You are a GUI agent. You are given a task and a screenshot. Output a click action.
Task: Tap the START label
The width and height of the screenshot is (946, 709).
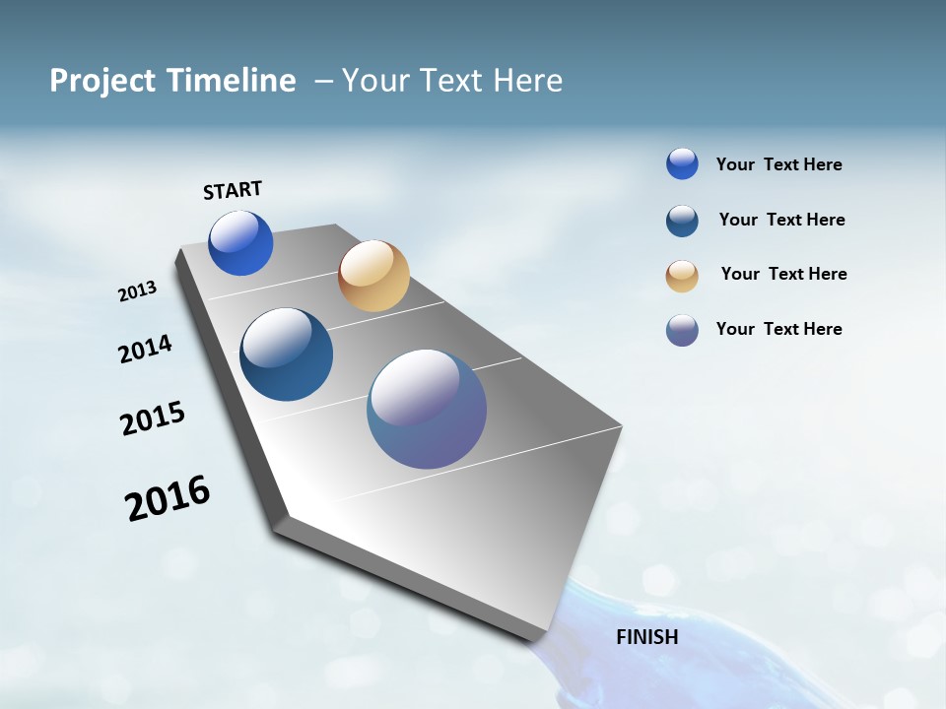point(233,190)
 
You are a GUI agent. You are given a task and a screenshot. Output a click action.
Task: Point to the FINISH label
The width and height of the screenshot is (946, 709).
point(647,637)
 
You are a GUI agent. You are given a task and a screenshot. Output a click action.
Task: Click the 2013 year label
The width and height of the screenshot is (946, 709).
point(137,291)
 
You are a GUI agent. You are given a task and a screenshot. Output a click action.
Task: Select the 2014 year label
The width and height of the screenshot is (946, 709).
point(145,349)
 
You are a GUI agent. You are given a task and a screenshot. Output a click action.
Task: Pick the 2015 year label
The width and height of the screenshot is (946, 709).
point(153,419)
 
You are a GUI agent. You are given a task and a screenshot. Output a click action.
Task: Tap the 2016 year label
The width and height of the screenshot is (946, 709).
point(168,498)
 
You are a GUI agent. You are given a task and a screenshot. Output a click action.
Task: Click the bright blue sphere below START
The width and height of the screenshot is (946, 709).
point(240,243)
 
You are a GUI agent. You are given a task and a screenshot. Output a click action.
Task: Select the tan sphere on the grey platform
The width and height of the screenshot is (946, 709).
point(373,276)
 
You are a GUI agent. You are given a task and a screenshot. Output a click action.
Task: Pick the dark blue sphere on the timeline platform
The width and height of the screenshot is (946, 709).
point(286,354)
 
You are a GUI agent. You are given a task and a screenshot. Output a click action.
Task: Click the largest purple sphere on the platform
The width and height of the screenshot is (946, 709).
point(427,409)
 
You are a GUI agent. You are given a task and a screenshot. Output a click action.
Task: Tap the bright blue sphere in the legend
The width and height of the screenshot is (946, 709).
point(682,163)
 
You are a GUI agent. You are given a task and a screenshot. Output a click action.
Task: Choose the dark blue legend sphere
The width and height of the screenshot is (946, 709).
point(682,221)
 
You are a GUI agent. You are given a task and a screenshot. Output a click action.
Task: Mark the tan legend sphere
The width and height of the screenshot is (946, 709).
point(682,276)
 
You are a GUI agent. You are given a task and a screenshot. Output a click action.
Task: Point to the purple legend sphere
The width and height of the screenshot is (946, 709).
point(682,330)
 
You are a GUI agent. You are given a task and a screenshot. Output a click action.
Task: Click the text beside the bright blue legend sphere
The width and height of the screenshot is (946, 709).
point(778,164)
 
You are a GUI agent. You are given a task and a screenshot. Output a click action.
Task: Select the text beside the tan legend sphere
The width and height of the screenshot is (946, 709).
point(783,274)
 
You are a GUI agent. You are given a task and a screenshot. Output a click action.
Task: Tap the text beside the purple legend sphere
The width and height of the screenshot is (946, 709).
point(778,329)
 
